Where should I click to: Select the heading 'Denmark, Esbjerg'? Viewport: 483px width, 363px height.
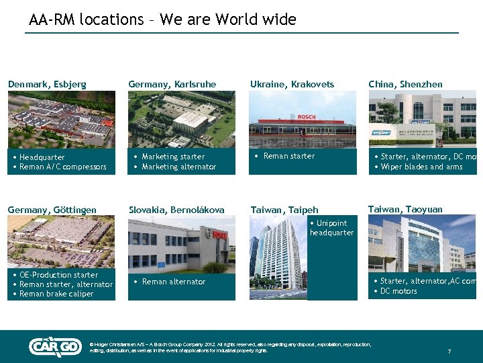47,84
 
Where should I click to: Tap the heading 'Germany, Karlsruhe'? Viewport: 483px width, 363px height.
172,84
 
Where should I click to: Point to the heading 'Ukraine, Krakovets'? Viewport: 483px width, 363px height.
292,84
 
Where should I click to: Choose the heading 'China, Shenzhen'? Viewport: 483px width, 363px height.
405,84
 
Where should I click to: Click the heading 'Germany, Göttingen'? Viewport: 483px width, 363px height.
52,210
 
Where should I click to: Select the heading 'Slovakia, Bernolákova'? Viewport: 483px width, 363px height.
176,210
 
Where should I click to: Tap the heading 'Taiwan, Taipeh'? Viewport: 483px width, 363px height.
284,210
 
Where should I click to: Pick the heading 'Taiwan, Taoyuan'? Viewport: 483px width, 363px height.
405,209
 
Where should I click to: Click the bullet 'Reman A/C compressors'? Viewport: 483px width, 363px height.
63,167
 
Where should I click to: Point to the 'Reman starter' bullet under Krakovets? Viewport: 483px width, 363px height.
288,156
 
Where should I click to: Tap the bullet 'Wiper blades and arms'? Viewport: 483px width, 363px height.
421,167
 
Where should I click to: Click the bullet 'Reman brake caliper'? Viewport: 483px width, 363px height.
56,294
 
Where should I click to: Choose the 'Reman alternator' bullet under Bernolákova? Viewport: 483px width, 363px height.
173,282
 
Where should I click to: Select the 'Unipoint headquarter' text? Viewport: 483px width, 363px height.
331,228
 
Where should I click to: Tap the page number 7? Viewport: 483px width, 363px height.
449,352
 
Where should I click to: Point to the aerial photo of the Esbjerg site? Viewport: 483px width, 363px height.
62,120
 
